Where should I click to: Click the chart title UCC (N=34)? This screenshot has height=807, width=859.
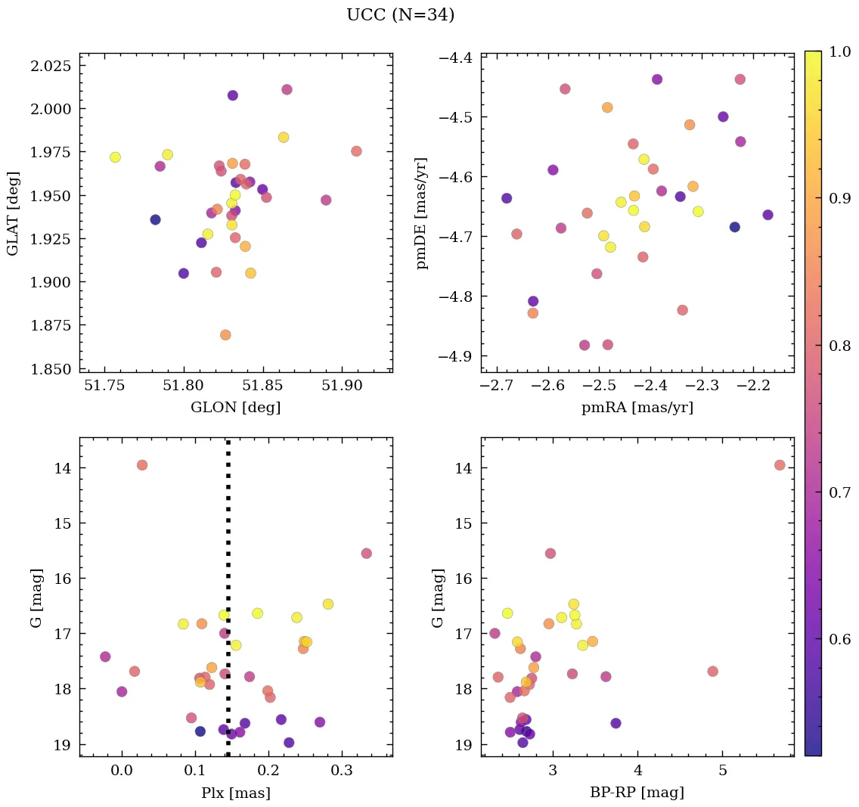click(400, 16)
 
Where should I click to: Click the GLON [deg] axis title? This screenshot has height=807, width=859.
click(236, 408)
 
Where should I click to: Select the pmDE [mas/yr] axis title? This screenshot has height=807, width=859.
click(422, 213)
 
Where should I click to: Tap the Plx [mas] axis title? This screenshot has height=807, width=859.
click(235, 793)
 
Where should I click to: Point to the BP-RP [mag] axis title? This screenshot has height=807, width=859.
click(637, 793)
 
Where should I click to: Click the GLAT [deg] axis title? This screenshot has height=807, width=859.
click(14, 213)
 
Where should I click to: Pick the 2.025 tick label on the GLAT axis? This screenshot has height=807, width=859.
click(50, 66)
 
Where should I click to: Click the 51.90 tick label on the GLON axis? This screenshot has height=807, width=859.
click(343, 386)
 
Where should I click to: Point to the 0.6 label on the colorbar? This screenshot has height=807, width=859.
click(840, 640)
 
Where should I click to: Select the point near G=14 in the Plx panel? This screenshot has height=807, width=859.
click(141, 465)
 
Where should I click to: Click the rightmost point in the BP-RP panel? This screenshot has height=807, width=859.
click(780, 465)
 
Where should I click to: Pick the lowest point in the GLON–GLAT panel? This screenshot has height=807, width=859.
click(225, 335)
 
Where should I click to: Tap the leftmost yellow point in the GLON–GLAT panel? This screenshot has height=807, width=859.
click(115, 157)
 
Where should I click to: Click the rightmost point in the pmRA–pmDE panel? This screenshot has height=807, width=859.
click(768, 215)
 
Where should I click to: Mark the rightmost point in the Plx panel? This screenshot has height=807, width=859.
click(366, 554)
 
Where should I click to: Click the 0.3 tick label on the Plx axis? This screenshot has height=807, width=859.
click(341, 771)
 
